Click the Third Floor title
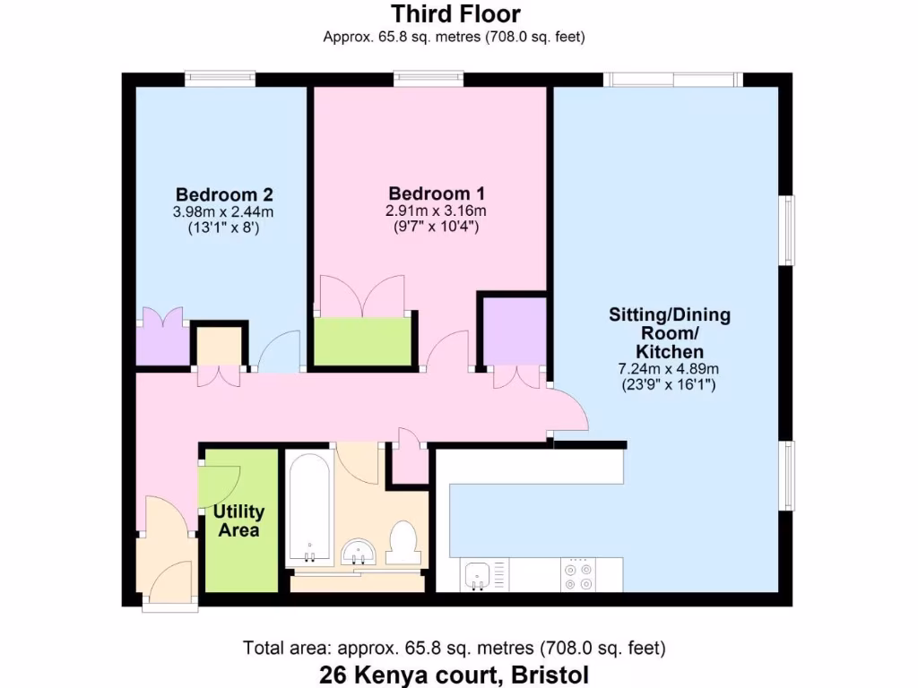coord(455,14)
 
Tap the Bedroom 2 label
coord(224,194)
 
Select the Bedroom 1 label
coord(437,193)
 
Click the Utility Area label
coord(238,521)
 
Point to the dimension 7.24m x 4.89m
coord(669,368)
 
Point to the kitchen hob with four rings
coord(578,574)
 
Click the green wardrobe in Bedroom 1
coord(362,341)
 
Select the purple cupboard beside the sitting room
coord(515,331)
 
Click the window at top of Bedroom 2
coord(220,80)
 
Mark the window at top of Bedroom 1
coord(429,80)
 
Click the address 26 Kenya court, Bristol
coord(455,674)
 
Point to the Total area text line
coord(455,648)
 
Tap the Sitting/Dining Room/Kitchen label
coord(669,332)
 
